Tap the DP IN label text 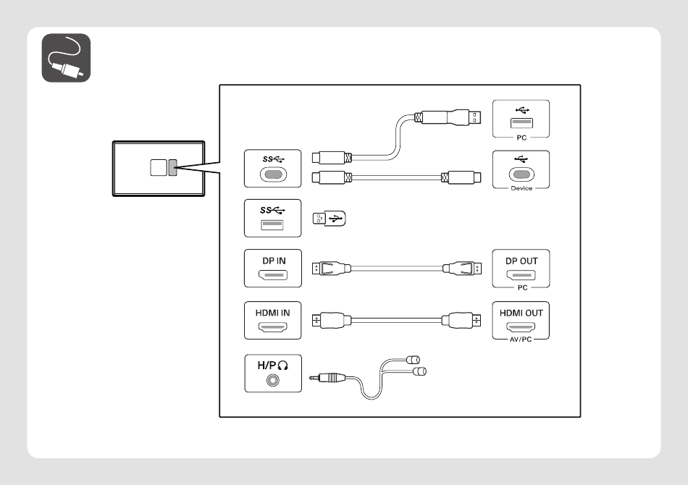[274, 261]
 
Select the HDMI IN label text [272, 313]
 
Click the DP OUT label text [521, 261]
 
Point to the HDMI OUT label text [521, 313]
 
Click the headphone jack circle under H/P [273, 380]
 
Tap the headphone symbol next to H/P [283, 366]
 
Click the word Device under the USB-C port [521, 188]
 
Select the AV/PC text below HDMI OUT [521, 339]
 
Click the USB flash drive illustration [329, 219]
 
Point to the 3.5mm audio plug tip [311, 378]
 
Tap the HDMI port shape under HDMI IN [272, 327]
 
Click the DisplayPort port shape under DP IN [273, 275]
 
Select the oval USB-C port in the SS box [273, 175]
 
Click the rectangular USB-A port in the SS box [272, 225]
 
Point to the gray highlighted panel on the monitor [172, 167]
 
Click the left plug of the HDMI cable [331, 321]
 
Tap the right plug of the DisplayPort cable [462, 268]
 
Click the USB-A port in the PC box [521, 123]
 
